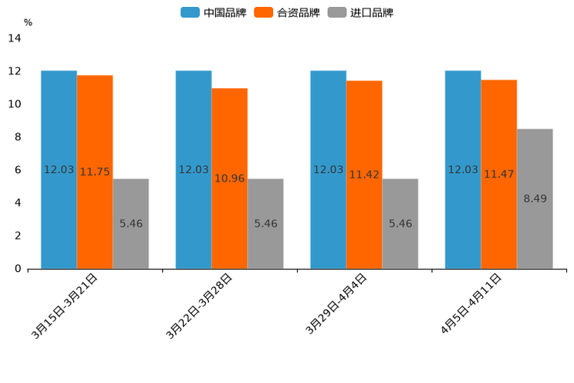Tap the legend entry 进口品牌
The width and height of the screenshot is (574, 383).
360,12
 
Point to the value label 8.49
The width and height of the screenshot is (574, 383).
535,198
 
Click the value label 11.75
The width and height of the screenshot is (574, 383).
95,172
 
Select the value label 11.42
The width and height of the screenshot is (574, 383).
364,175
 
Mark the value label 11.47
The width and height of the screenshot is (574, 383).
499,175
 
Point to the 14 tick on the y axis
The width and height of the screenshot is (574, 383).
14,39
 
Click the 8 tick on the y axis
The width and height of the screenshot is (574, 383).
17,137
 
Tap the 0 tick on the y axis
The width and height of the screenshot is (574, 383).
17,269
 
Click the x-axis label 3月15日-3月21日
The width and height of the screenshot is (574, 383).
66,306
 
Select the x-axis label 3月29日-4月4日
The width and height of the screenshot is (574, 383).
336,304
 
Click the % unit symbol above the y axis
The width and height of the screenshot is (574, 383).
28,22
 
